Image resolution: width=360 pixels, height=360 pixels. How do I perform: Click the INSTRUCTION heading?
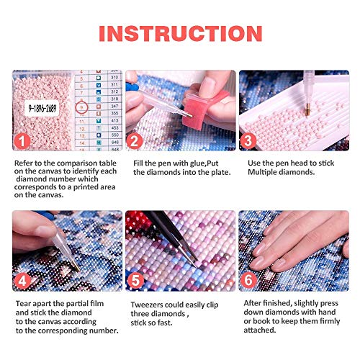point(179,33)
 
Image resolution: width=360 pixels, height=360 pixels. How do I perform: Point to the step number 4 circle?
point(24,279)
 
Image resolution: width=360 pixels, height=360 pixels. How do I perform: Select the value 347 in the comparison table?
point(114,105)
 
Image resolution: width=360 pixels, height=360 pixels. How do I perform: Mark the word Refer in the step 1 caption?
point(25,163)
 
